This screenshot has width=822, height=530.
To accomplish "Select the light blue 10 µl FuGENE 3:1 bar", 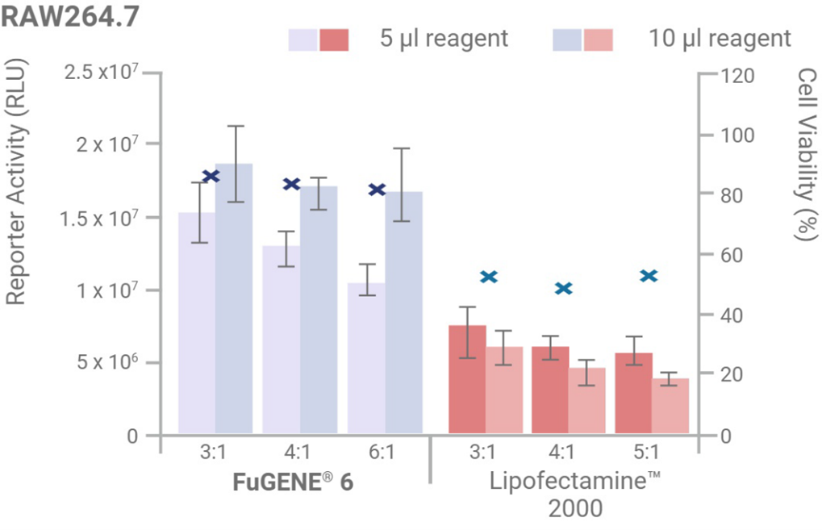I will pos(234,298).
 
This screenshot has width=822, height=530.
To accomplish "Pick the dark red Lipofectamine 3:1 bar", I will pos(467,379).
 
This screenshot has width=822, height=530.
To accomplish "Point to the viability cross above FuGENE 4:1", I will pos(292,184).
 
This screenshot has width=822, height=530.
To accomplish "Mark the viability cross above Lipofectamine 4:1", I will pos(564,288).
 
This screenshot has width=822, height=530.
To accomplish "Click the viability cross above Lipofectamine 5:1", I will pos(649,276).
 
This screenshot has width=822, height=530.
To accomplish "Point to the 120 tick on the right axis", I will pos(736,74).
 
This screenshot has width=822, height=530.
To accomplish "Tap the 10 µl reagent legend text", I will pos(720,38).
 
